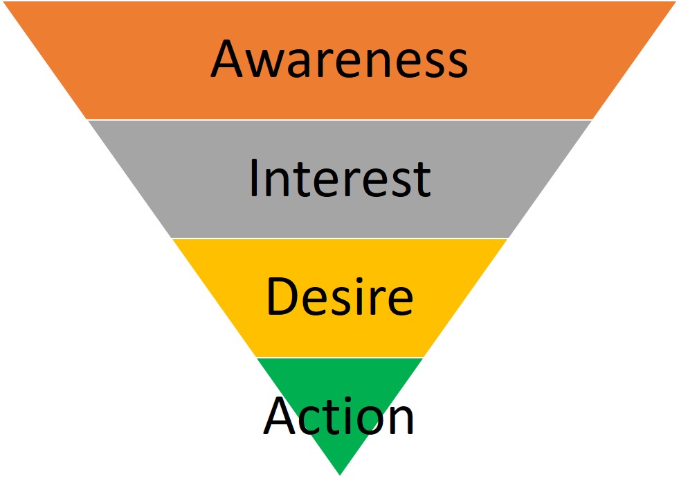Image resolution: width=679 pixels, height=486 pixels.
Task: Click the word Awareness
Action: [339, 59]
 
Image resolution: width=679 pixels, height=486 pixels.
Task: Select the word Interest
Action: [339, 178]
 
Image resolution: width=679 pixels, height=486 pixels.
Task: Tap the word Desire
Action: [339, 297]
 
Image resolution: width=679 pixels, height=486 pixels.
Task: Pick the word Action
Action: [339, 416]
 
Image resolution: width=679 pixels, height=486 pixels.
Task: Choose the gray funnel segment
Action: [173, 178]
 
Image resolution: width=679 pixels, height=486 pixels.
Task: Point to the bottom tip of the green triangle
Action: [340, 474]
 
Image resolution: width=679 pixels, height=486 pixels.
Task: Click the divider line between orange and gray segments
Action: [339, 120]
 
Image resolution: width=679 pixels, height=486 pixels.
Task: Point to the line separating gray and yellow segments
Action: [339, 238]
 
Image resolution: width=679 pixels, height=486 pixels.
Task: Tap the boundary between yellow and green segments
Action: [339, 358]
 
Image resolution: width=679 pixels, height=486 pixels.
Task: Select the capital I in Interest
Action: [253, 178]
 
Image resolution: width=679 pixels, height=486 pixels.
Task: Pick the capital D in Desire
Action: [280, 297]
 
